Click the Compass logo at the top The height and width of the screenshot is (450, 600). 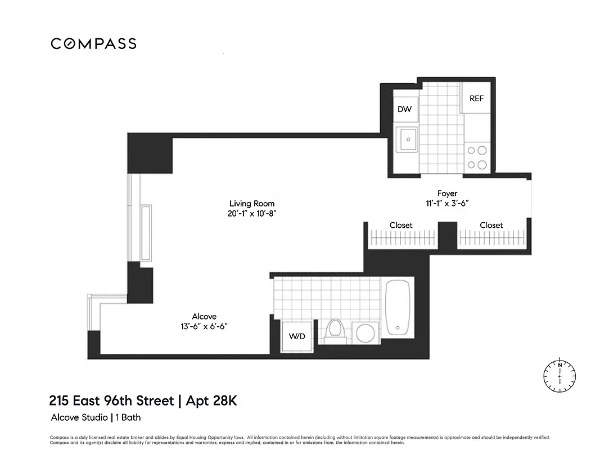93,44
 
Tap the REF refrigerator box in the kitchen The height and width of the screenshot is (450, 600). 476,98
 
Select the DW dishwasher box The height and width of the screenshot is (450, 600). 404,109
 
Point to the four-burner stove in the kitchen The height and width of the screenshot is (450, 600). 477,157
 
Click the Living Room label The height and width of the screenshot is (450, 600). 252,204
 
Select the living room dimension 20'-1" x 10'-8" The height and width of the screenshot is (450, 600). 252,214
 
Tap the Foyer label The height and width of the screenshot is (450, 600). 447,193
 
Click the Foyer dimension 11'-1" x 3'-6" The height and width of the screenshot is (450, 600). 447,204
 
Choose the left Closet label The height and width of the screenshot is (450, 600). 401,225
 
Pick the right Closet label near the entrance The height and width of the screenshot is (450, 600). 491,225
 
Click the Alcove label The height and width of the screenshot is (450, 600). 204,317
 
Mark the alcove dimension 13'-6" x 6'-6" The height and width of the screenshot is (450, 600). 204,326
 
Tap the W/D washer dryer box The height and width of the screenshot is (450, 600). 296,336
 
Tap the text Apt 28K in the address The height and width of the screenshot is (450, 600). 214,402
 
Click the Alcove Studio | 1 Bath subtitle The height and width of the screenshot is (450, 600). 96,417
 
